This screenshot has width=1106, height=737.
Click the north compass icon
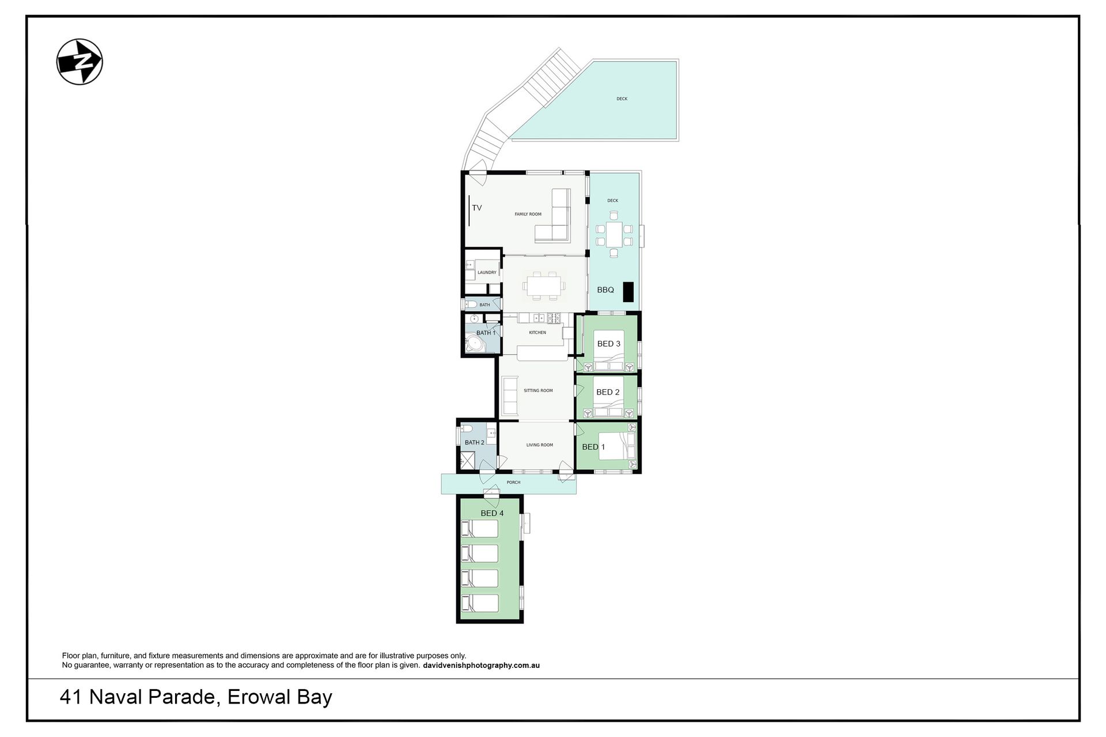point(79,62)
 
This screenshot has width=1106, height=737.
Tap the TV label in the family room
point(477,208)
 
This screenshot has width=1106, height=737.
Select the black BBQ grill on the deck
point(628,292)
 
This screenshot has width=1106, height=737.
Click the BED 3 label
point(609,344)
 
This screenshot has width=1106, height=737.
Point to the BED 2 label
point(608,392)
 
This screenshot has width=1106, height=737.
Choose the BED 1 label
point(593,447)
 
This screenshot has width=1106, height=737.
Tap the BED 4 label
point(492,513)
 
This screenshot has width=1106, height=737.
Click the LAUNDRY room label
point(487,273)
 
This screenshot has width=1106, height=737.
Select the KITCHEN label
point(537,333)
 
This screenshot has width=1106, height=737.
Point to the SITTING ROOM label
point(538,390)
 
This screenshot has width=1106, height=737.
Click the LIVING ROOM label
point(540,445)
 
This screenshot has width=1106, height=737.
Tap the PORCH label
point(513,483)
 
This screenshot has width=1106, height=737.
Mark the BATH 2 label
point(475,443)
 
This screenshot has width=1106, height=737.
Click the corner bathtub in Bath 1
point(475,344)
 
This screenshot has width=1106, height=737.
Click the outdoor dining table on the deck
point(614,234)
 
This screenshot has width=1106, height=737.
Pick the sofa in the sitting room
point(510,395)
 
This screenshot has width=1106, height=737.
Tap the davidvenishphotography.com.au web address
point(481,666)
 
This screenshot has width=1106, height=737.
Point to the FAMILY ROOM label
point(528,214)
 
